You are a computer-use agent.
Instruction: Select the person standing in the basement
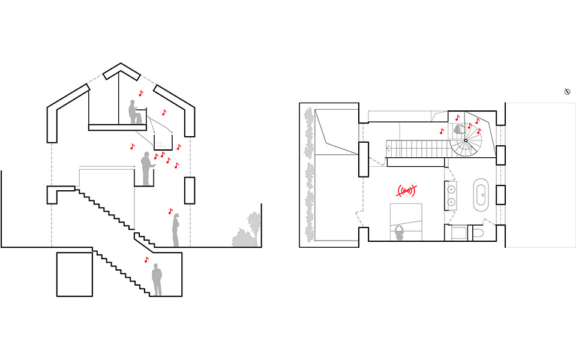(157, 280)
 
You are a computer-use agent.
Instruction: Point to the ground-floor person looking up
(176, 231)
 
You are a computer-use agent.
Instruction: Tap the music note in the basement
(146, 260)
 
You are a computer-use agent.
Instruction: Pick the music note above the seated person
(141, 93)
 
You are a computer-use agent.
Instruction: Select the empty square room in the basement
(75, 274)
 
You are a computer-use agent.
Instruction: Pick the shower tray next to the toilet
(455, 232)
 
